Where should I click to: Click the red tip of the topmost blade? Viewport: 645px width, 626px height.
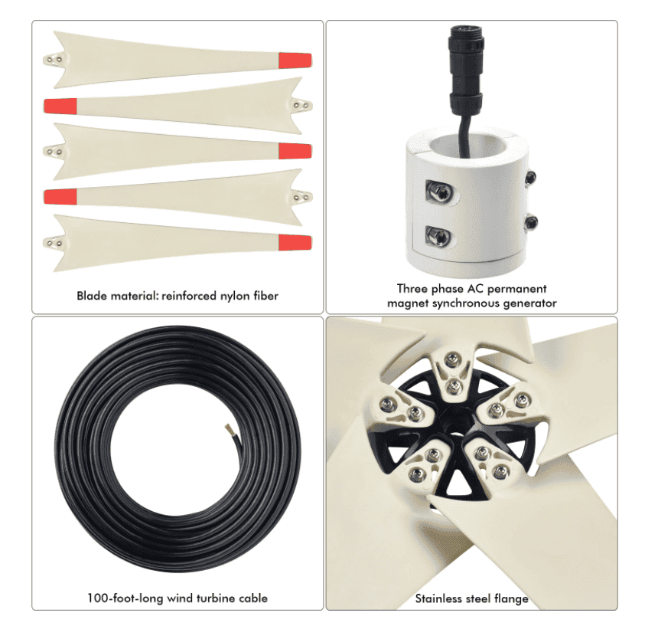pos(295,60)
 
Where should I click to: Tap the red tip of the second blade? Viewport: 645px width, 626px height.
pos(60,105)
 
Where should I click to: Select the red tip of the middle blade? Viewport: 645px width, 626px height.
pos(295,151)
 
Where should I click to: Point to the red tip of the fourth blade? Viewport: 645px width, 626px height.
pos(60,197)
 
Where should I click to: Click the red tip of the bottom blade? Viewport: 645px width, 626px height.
pos(295,243)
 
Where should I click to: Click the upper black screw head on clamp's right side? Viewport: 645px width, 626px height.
pos(529,178)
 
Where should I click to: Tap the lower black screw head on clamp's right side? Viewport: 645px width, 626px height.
pos(529,223)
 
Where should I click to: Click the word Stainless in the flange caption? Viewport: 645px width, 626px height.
pos(439,598)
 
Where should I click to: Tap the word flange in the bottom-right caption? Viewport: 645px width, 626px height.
pos(512,598)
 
